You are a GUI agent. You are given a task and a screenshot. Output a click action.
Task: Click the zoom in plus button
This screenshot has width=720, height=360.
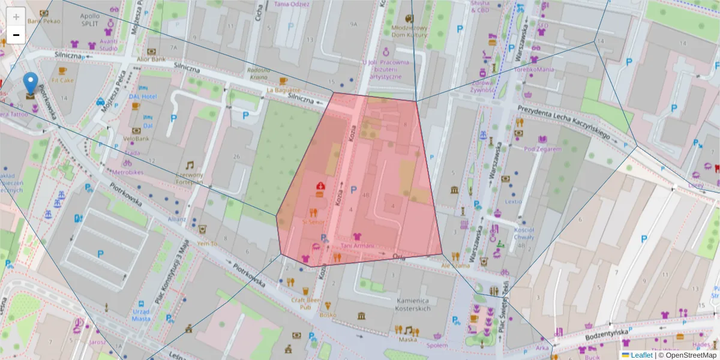tap(16, 17)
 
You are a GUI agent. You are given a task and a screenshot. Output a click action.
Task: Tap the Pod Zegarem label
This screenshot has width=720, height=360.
tap(542, 149)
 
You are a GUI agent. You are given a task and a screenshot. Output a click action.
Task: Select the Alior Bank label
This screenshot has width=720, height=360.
tap(151, 59)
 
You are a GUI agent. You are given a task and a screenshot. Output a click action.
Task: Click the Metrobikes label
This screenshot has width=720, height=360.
tap(128, 172)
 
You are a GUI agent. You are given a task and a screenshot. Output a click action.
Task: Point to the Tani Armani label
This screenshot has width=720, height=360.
tap(357, 245)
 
